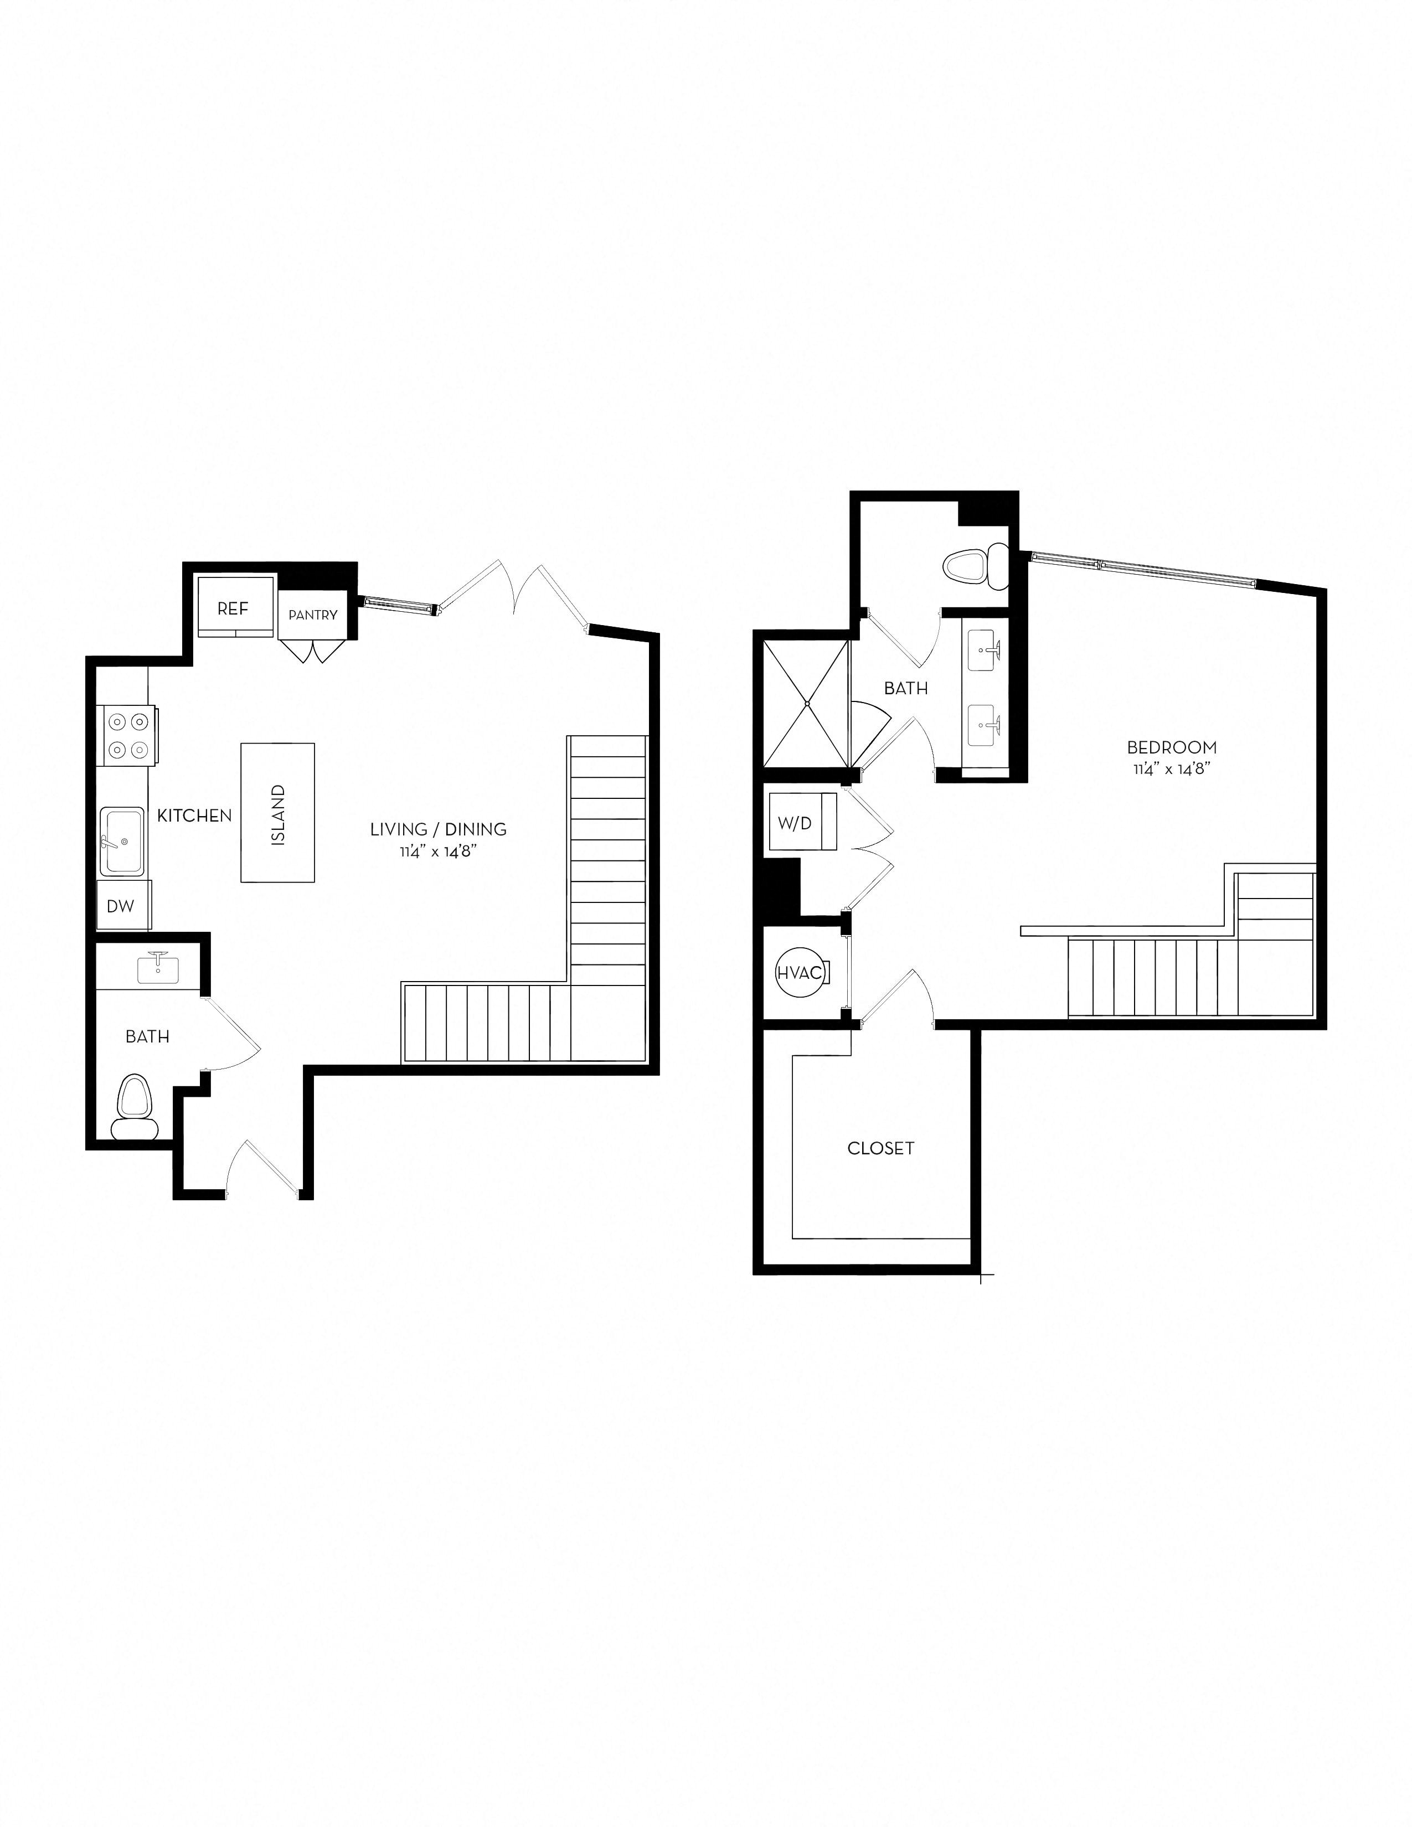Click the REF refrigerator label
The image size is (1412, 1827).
pyautogui.click(x=233, y=609)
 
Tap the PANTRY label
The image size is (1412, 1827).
pyautogui.click(x=313, y=615)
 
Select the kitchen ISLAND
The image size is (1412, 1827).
pyautogui.click(x=278, y=812)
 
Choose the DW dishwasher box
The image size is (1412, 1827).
pyautogui.click(x=121, y=906)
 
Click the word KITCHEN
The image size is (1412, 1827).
pyautogui.click(x=194, y=816)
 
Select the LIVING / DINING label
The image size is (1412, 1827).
pyautogui.click(x=439, y=829)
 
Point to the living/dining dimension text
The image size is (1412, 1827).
pyautogui.click(x=439, y=853)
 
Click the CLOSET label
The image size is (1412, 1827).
pyautogui.click(x=881, y=1149)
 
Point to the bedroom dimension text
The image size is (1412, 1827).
pyautogui.click(x=1171, y=770)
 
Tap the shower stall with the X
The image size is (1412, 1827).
pyautogui.click(x=806, y=704)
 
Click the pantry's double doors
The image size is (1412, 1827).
pyautogui.click(x=313, y=651)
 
